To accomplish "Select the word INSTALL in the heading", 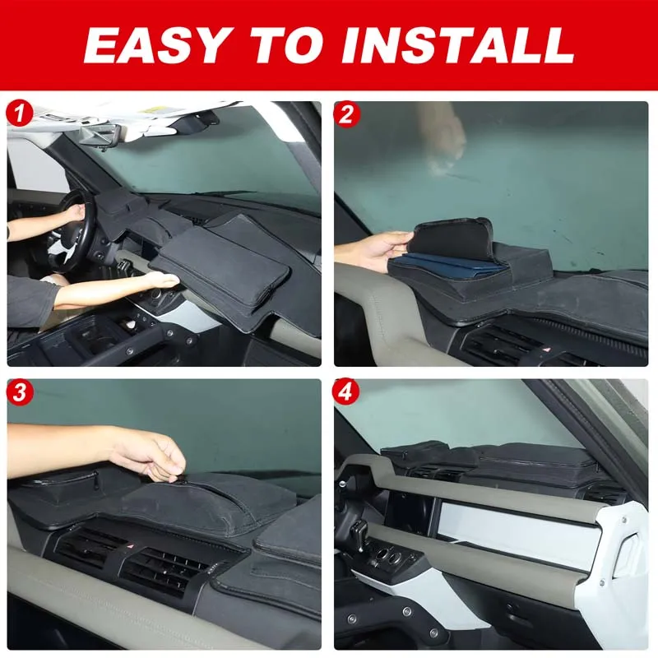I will point(457,45).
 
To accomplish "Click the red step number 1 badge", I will point(20,114).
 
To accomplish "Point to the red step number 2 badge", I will point(348,114).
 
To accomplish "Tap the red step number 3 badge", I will point(20,392).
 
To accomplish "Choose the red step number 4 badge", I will point(348,392).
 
